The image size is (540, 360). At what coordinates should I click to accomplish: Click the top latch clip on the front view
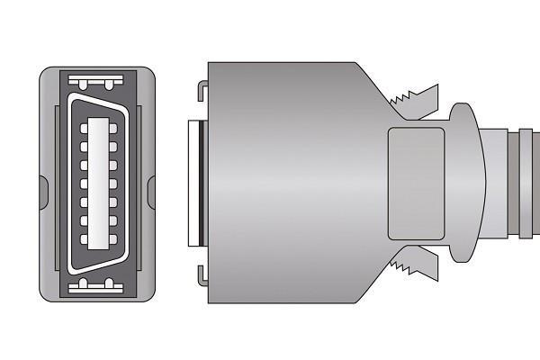pyautogui.click(x=95, y=84)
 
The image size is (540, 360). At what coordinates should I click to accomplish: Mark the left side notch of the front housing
pyautogui.click(x=43, y=189)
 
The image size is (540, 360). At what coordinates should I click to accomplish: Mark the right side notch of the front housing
pyautogui.click(x=151, y=189)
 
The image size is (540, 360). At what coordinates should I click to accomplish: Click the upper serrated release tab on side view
pyautogui.click(x=414, y=100)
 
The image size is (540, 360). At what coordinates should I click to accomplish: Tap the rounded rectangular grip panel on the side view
pyautogui.click(x=416, y=183)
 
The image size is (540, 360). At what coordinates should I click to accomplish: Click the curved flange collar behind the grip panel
pyautogui.click(x=464, y=183)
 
